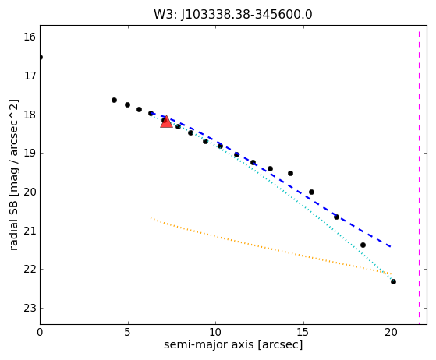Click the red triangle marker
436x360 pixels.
(166, 122)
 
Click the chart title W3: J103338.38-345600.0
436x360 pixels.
(233, 15)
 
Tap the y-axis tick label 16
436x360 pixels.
(30, 37)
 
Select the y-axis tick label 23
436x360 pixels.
(30, 308)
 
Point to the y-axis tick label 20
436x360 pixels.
(30, 192)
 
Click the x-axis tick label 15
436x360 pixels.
(303, 332)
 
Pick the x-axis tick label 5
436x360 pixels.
(128, 332)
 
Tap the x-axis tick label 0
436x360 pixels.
(40, 332)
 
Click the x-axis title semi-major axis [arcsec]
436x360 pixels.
(233, 344)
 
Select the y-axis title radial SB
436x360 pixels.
(13, 175)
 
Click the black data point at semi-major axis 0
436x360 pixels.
(41, 57)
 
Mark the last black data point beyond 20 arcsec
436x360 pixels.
(393, 281)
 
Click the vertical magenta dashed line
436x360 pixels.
(419, 175)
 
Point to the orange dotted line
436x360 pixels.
(271, 245)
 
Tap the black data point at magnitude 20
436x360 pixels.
(311, 192)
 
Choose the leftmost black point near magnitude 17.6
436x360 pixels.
(114, 100)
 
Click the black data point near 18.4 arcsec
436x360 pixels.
(363, 245)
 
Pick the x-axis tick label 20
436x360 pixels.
(392, 332)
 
